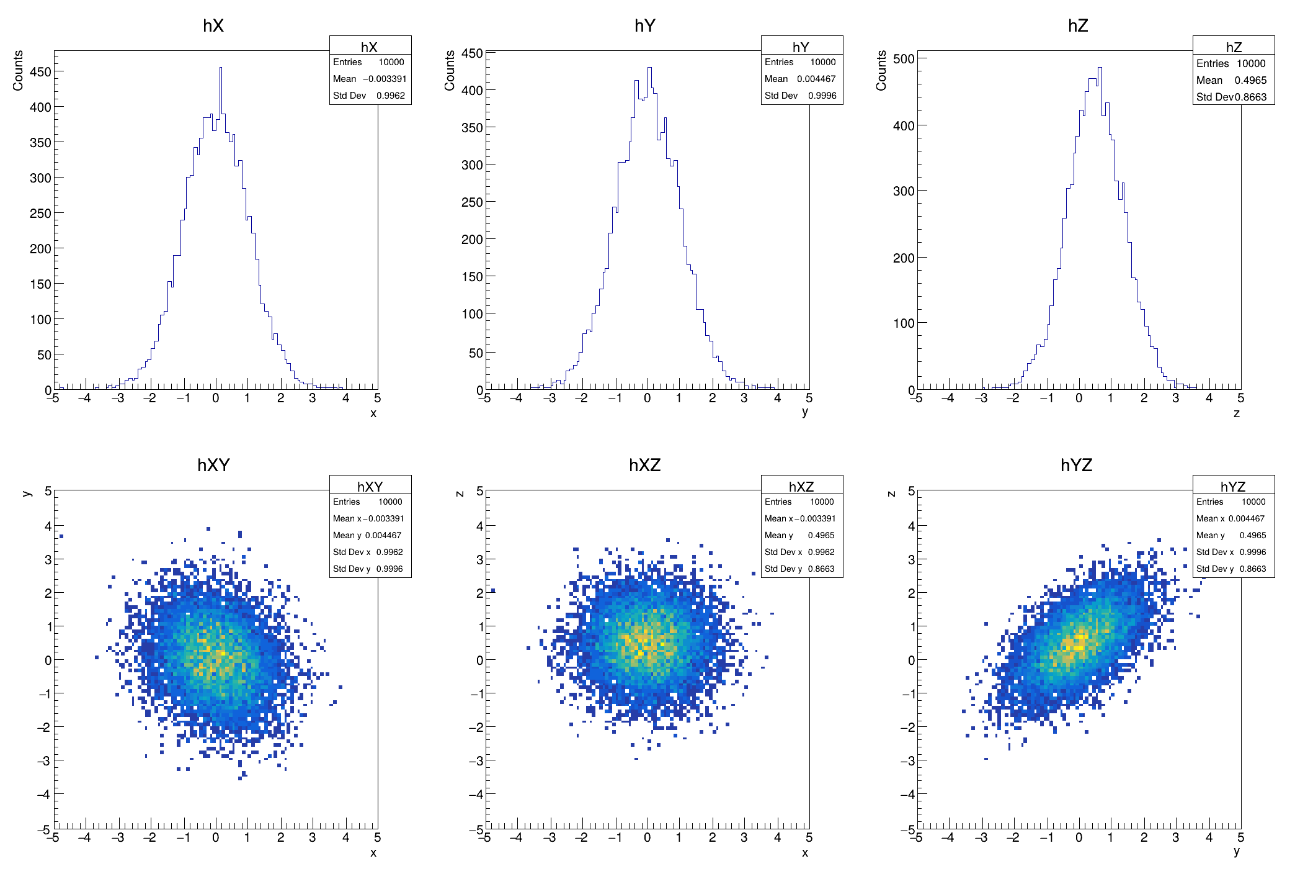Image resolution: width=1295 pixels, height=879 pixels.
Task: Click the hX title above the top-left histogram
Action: pos(213,25)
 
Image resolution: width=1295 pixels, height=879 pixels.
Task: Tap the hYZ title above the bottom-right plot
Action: pos(1076,465)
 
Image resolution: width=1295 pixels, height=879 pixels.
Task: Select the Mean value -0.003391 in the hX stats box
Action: pos(385,79)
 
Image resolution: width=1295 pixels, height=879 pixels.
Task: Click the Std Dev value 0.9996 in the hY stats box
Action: pos(822,96)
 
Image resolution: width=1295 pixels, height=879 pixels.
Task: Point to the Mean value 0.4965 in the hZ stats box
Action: pos(1250,80)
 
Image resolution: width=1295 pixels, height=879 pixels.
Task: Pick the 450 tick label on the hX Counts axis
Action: pos(40,71)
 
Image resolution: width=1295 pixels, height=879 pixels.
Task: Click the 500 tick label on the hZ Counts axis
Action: pos(904,59)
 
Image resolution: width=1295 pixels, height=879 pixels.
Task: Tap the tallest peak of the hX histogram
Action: pos(220,68)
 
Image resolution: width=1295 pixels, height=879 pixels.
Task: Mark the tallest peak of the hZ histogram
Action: pos(1100,68)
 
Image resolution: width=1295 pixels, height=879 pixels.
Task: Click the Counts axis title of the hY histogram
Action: pos(450,70)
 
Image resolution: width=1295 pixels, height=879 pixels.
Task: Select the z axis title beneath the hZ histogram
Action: pos(1236,413)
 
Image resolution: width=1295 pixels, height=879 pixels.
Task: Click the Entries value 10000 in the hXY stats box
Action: pos(390,502)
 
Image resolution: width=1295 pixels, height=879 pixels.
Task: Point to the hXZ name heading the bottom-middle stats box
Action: pos(801,486)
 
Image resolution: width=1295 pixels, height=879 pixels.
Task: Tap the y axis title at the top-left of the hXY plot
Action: pos(27,494)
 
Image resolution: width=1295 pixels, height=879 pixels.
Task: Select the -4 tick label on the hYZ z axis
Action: pos(908,794)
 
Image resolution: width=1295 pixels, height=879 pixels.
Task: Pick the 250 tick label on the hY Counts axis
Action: pos(472,202)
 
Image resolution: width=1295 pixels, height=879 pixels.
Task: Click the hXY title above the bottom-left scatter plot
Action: pos(213,465)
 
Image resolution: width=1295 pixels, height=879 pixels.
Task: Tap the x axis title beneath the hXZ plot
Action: pos(804,853)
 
